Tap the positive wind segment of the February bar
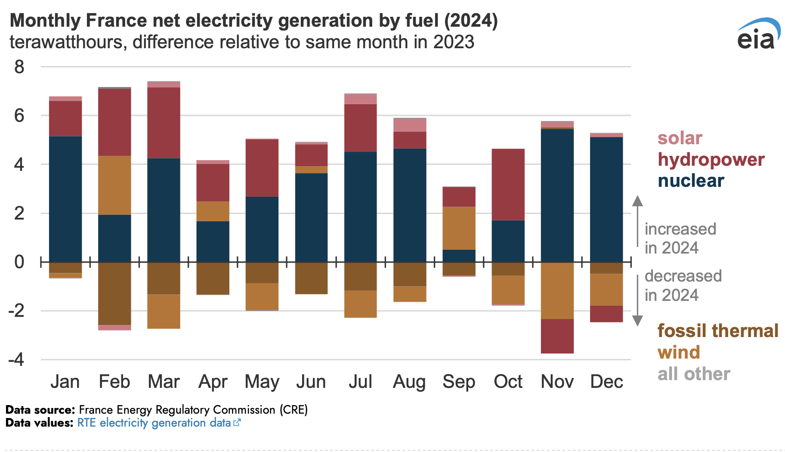click(114, 185)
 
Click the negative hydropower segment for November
click(557, 336)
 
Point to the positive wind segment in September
click(459, 228)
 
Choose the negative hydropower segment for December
click(606, 314)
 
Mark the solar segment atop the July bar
click(361, 99)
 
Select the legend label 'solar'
click(680, 138)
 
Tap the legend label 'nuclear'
click(691, 181)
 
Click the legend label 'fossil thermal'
click(718, 331)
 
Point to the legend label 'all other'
click(694, 374)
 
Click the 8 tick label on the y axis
click(19, 67)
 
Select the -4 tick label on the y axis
click(16, 359)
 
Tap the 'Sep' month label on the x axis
click(459, 382)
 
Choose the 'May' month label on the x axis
click(262, 382)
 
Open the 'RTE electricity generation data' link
click(154, 423)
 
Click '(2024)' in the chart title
click(471, 21)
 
